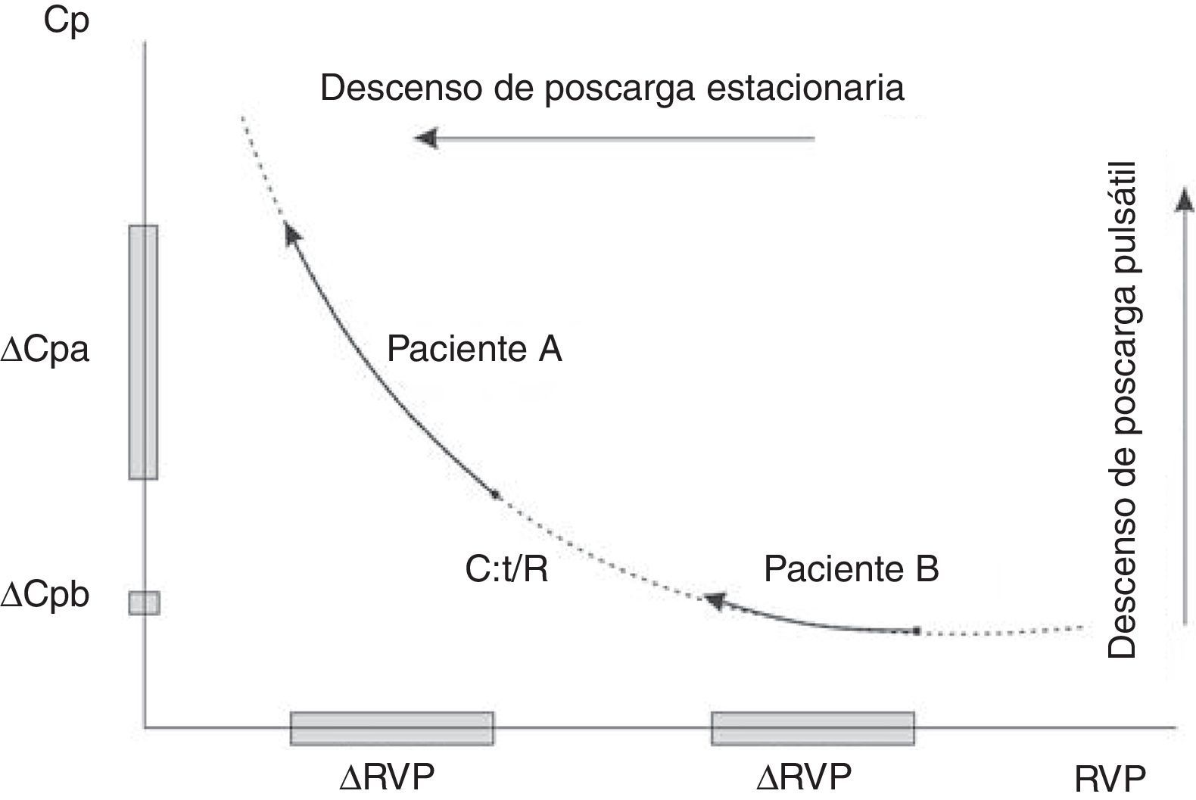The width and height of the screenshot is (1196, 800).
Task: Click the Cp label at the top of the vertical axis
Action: coord(67,20)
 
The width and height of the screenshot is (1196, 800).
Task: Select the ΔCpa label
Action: coord(45,350)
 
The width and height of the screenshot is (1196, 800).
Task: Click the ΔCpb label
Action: coord(45,596)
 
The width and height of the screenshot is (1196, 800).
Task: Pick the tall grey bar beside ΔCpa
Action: coord(143,352)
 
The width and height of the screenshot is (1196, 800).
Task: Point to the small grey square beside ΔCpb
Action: coord(144,602)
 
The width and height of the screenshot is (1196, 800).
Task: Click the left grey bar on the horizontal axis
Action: coord(392,728)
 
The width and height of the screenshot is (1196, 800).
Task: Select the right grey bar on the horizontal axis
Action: coord(812,728)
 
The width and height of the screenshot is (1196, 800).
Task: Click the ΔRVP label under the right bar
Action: coord(804,776)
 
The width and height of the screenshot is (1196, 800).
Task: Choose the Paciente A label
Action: coord(474,350)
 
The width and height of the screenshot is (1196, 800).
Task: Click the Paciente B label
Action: coord(851,568)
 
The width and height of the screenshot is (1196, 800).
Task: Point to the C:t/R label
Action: coord(506,569)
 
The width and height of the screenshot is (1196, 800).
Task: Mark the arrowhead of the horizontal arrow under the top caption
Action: coord(425,139)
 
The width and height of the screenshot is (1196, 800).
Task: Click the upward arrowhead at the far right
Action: coord(1185,199)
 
